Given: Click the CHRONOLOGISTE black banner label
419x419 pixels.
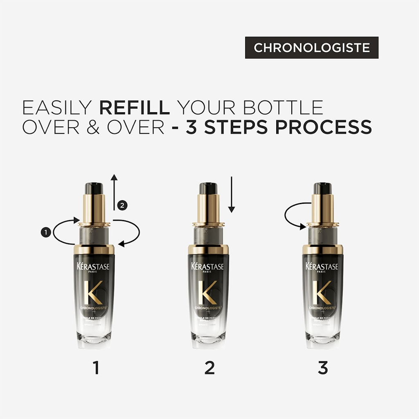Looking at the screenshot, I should pyautogui.click(x=312, y=47).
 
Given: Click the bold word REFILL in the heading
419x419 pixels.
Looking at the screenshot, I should pyautogui.click(x=134, y=108).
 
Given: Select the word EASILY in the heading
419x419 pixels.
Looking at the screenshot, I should pyautogui.click(x=56, y=108).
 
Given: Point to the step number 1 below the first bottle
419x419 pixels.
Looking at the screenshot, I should pyautogui.click(x=96, y=367).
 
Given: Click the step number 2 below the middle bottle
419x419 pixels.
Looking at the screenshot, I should pyautogui.click(x=209, y=367).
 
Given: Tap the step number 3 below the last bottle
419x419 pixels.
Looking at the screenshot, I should pyautogui.click(x=322, y=367).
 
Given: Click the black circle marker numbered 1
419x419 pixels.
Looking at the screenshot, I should pyautogui.click(x=45, y=232).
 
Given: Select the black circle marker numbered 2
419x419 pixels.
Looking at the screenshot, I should pyautogui.click(x=122, y=206).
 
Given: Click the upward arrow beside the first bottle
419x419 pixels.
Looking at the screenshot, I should pyautogui.click(x=114, y=192).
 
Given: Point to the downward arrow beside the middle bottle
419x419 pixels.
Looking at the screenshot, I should pyautogui.click(x=232, y=194).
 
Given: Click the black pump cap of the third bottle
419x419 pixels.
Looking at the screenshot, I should pyautogui.click(x=322, y=188).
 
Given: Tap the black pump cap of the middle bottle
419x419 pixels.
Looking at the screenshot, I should pyautogui.click(x=208, y=188).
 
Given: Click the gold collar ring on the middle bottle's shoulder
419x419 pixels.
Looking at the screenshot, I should pyautogui.click(x=208, y=249).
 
